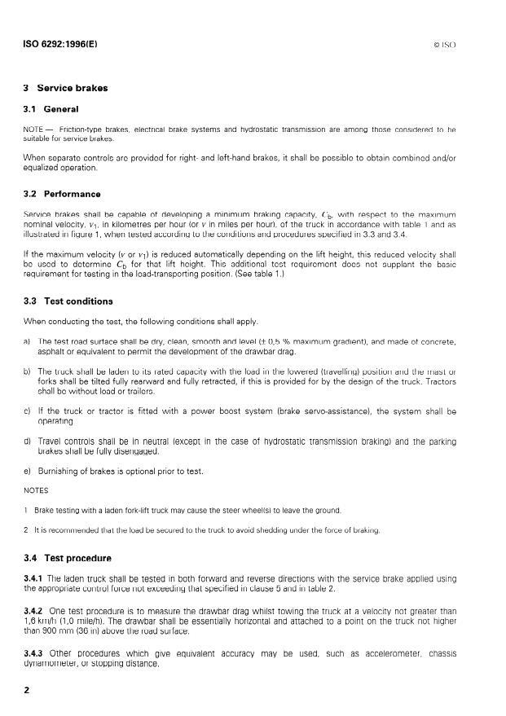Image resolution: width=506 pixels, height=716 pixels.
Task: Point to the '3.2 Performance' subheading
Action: click(x=62, y=194)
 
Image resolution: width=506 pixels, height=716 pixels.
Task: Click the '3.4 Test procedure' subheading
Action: click(x=68, y=558)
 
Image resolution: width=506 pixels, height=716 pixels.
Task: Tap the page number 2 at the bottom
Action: click(x=27, y=689)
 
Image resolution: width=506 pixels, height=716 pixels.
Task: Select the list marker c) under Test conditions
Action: click(x=27, y=412)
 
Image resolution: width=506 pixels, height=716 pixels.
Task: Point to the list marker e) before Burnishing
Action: click(x=27, y=472)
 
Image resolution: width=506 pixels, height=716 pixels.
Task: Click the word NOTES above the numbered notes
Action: click(x=37, y=490)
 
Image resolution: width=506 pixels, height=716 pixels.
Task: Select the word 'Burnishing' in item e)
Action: click(x=59, y=472)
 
